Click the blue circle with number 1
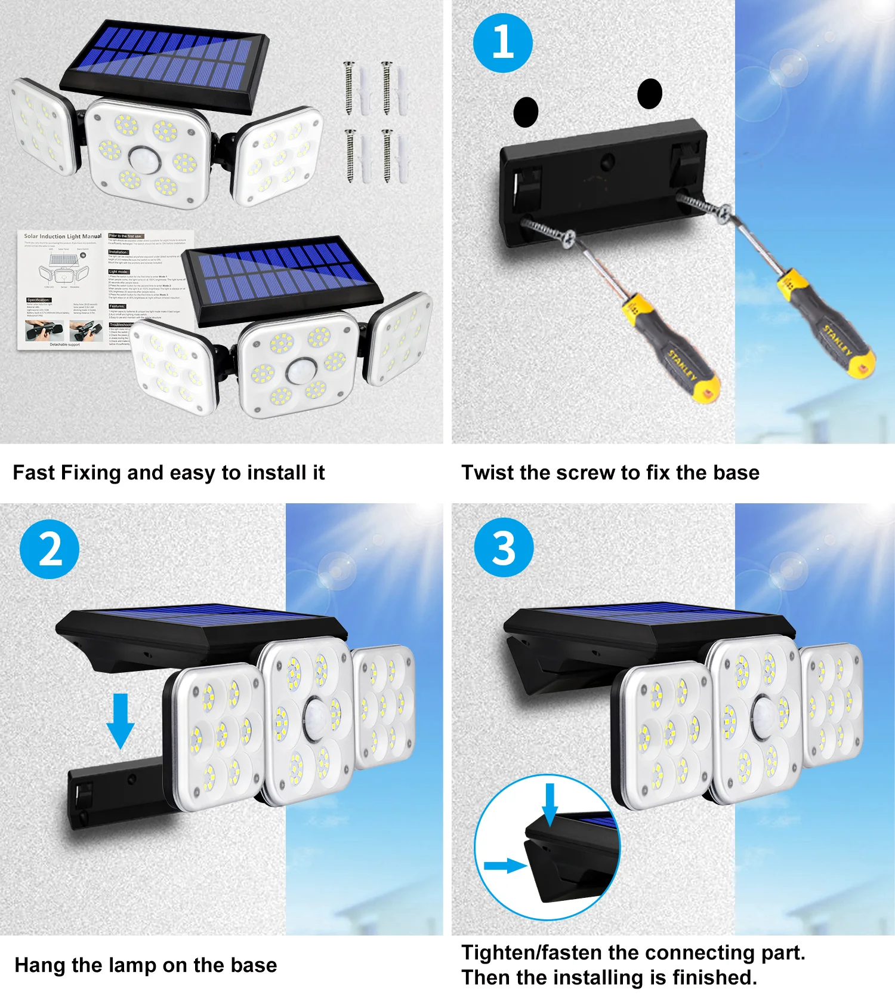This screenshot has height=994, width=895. pyautogui.click(x=502, y=43)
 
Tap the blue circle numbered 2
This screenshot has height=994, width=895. pyautogui.click(x=50, y=549)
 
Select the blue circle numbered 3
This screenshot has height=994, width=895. pyautogui.click(x=504, y=547)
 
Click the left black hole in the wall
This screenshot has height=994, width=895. pyautogui.click(x=526, y=112)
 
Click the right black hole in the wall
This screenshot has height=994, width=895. pyautogui.click(x=650, y=94)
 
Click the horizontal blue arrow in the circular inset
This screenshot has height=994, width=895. pyautogui.click(x=505, y=865)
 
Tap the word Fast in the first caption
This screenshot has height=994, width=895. pyautogui.click(x=34, y=472)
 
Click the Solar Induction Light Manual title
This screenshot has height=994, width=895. pyautogui.click(x=63, y=236)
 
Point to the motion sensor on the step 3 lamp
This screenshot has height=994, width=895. pyautogui.click(x=764, y=714)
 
